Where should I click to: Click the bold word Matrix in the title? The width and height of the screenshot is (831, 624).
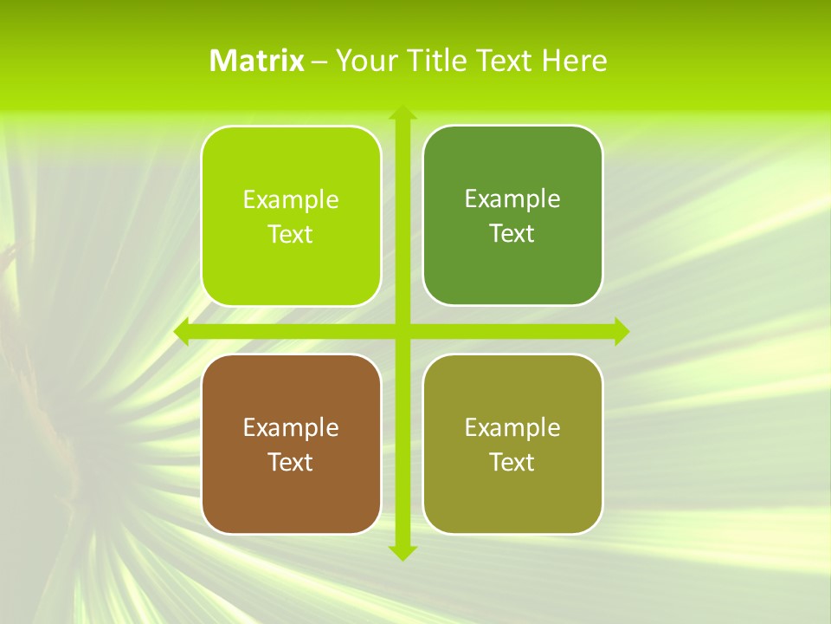pyautogui.click(x=257, y=61)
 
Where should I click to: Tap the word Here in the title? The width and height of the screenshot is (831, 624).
pyautogui.click(x=575, y=61)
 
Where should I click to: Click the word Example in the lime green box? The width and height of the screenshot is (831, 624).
pyautogui.click(x=291, y=200)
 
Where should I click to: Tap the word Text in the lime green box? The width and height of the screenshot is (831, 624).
pyautogui.click(x=291, y=235)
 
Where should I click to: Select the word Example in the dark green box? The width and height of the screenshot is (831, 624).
pyautogui.click(x=512, y=199)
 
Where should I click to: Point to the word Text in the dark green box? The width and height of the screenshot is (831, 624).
pyautogui.click(x=512, y=234)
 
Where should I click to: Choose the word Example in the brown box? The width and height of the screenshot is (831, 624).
pyautogui.click(x=291, y=428)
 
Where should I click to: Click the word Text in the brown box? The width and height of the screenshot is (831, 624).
pyautogui.click(x=291, y=463)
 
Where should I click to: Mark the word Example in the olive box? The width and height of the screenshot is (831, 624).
pyautogui.click(x=512, y=428)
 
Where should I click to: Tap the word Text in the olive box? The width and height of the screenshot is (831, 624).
pyautogui.click(x=512, y=463)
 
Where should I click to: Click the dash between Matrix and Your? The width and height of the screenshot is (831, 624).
pyautogui.click(x=319, y=62)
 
